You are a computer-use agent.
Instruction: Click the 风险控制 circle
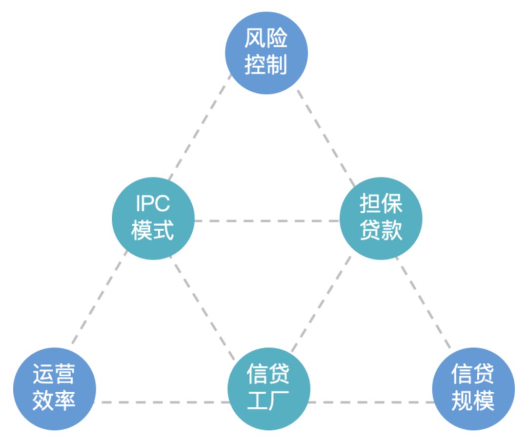coord(266,53)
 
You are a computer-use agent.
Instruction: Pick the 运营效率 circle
coord(54,389)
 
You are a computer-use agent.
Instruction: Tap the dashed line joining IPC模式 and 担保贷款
coord(266,221)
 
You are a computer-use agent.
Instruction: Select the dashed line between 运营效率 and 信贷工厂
coord(163,402)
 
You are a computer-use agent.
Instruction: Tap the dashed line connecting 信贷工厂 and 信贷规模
coord(371,402)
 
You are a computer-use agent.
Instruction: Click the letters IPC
coord(153,204)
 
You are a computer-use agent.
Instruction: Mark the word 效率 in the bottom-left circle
coord(54,402)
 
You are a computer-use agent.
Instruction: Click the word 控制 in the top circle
coord(266,65)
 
